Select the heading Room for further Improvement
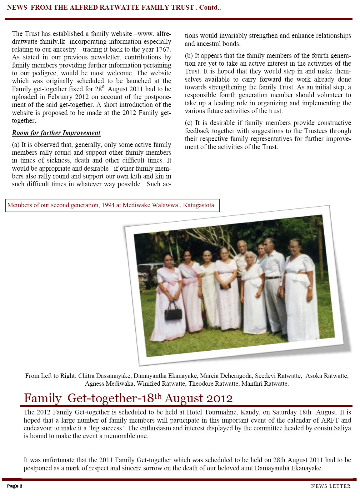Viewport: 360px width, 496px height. click(x=56, y=133)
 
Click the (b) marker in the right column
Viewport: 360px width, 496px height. click(x=189, y=56)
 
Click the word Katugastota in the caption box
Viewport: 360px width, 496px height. click(x=198, y=205)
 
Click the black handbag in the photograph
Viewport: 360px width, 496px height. click(x=173, y=311)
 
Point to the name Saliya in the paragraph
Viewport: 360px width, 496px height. click(x=342, y=428)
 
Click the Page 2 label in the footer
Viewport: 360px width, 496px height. click(x=15, y=486)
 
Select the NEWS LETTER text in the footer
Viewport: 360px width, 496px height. click(x=331, y=486)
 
